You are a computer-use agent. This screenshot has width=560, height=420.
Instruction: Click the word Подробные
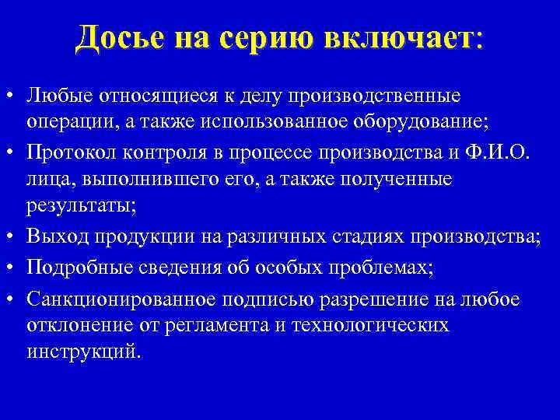point(68,268)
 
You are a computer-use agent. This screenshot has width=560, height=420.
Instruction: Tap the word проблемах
point(384,268)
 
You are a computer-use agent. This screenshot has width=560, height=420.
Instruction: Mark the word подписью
point(261,299)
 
